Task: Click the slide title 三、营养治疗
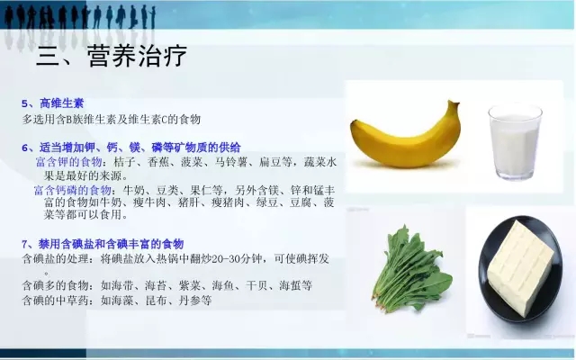112,56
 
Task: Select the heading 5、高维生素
52,103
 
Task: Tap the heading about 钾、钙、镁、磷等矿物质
131,148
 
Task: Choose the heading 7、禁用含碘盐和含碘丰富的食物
103,244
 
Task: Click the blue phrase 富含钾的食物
68,162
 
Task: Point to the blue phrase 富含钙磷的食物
73,190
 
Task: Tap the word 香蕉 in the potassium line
158,162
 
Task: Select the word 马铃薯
231,162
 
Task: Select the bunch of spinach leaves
411,269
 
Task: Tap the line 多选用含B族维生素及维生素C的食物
112,120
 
